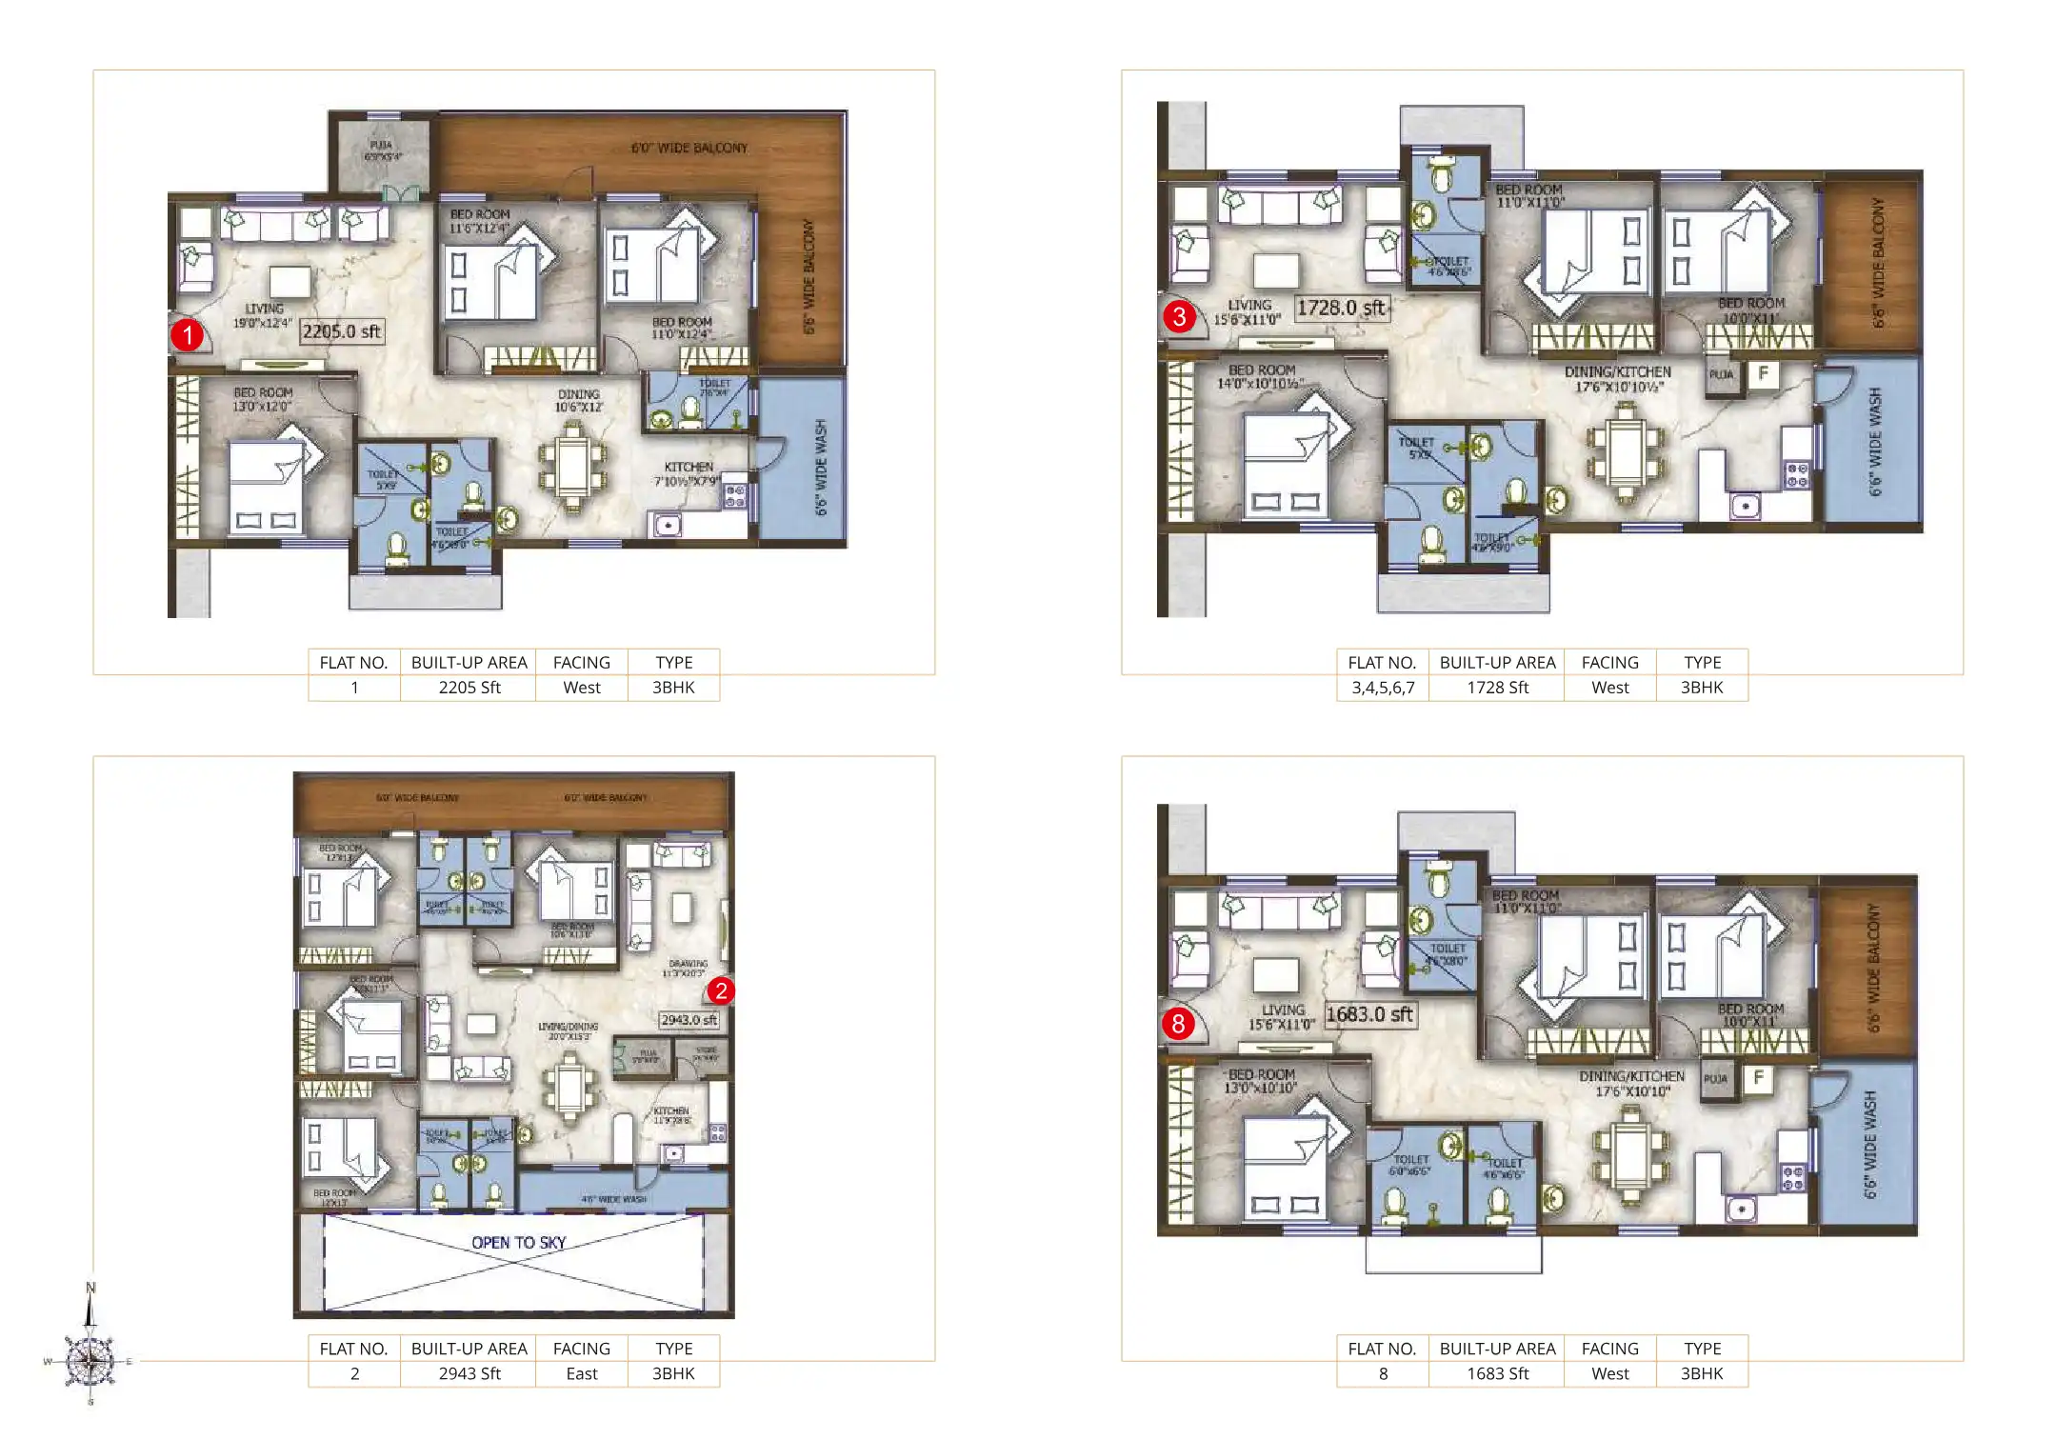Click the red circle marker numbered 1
[x=188, y=335]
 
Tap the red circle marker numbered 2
[x=721, y=991]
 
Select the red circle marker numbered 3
[x=1179, y=316]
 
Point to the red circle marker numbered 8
[x=1178, y=1024]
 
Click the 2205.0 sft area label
[x=342, y=331]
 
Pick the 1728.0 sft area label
[x=1341, y=308]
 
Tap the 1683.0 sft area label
[x=1369, y=1014]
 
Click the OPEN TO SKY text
[x=519, y=1243]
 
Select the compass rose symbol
[x=90, y=1361]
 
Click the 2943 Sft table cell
[x=469, y=1373]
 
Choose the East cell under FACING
[x=581, y=1373]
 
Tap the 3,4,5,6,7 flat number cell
[x=1383, y=688]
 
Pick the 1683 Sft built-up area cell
[x=1497, y=1373]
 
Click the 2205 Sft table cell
[x=469, y=688]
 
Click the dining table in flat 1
[x=573, y=467]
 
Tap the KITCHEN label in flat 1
[x=689, y=467]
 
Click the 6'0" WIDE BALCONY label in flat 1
[x=689, y=148]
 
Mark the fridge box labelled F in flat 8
[x=1758, y=1078]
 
